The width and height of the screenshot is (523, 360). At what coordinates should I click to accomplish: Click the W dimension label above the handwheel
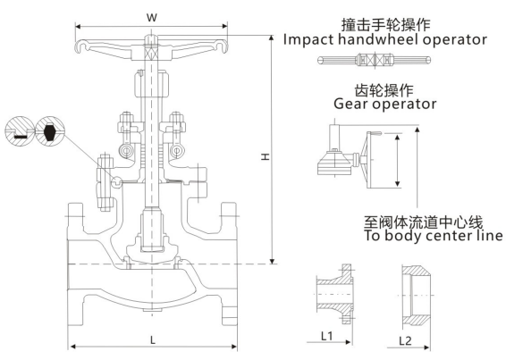coord(152,17)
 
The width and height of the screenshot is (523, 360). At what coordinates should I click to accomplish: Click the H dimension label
coord(266,156)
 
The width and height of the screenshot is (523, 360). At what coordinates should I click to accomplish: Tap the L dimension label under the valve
coord(153,340)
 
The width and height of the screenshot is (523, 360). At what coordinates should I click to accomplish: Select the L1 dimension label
coord(327,336)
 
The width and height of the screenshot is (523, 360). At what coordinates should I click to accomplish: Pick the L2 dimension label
coord(405,340)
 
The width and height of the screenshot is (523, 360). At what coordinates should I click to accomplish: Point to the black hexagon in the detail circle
coord(50,131)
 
